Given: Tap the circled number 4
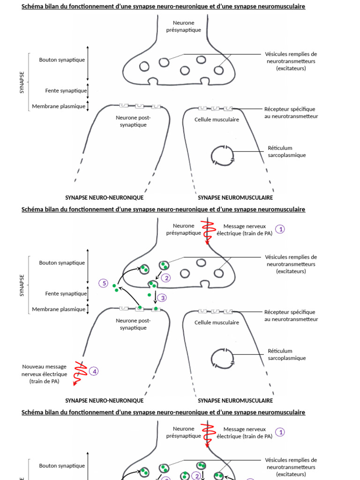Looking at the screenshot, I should coord(94,371).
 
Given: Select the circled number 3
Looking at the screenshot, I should coord(162,298).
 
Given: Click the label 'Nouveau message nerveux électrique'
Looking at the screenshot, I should coord(44,374).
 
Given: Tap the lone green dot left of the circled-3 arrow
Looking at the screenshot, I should coord(149,295).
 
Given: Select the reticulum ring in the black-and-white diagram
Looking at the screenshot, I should coord(222,156).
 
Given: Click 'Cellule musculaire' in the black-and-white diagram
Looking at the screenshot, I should coord(217,120).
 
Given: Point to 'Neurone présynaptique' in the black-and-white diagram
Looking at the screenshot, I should coord(183,26).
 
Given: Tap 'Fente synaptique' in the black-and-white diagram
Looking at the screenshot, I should coord(66,90).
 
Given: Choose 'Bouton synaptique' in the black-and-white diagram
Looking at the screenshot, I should coord(62,60).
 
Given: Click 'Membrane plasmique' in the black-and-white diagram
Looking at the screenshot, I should coord(59,106).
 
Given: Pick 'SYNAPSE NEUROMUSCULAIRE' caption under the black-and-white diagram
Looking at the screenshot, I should coord(235,198).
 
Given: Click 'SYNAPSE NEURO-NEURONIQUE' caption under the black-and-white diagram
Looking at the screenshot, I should coord(104,198).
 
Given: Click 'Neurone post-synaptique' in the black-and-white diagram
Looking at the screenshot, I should coord(133,121).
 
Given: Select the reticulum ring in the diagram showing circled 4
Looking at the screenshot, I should coord(222,359).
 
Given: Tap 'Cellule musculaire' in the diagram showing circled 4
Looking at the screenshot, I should coord(217,322).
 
